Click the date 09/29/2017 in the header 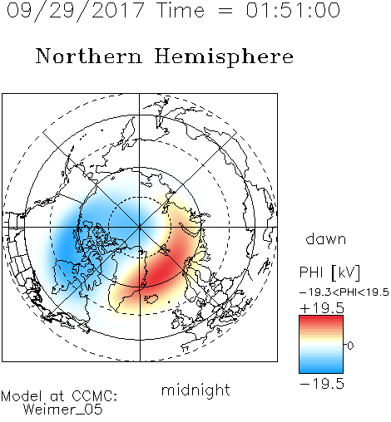75,11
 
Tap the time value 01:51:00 293,10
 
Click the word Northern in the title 89,56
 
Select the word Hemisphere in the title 224,57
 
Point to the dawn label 326,238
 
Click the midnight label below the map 195,390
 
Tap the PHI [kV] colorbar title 329,272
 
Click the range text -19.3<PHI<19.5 344,292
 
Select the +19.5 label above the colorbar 322,308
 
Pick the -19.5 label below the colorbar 322,384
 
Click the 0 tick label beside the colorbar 350,346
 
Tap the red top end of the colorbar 321,317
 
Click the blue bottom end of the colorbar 321,370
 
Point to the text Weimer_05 63,410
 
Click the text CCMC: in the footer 95,396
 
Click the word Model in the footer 22,396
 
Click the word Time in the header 181,10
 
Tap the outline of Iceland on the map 151,299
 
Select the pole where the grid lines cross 140,227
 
